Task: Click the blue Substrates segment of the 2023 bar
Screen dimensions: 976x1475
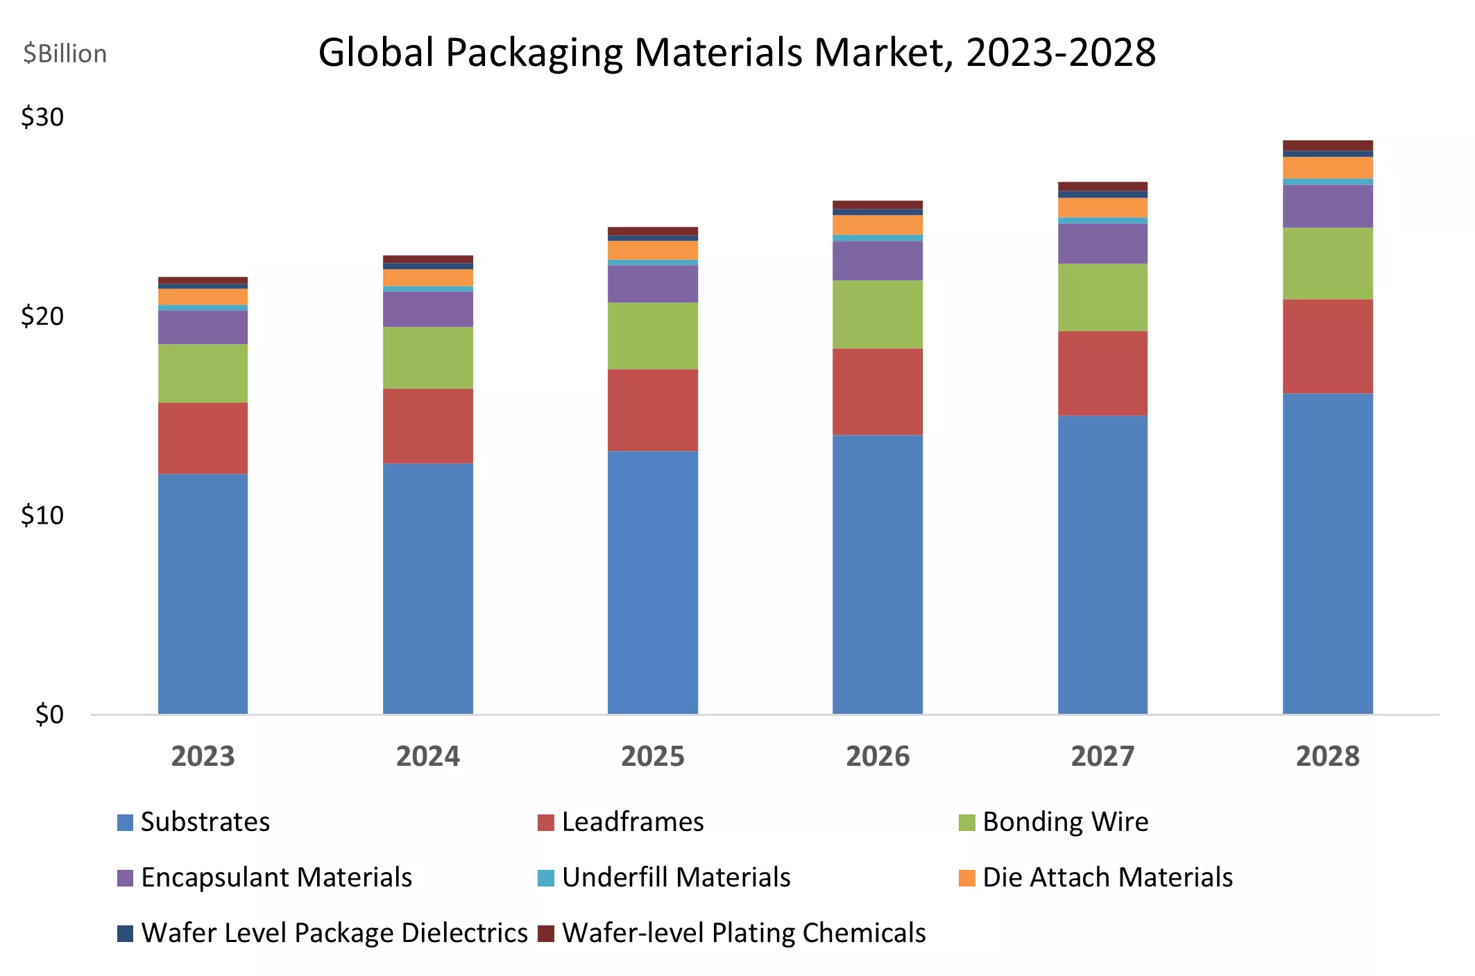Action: point(203,593)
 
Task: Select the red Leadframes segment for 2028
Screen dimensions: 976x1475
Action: point(1327,346)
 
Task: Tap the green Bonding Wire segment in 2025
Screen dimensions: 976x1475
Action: point(652,336)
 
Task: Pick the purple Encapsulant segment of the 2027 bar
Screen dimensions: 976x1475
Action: point(1102,243)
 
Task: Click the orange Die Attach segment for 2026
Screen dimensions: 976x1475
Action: point(878,225)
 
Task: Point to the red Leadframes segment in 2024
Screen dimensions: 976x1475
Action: point(427,426)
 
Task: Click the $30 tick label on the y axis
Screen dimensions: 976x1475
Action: point(42,117)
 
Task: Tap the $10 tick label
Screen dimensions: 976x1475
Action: point(42,515)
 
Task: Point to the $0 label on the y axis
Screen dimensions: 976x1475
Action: point(49,714)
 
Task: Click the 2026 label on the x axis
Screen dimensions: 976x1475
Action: point(878,756)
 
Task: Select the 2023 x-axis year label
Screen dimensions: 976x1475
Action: point(203,756)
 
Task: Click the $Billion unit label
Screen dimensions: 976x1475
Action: point(65,54)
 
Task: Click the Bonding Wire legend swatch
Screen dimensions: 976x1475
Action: point(967,823)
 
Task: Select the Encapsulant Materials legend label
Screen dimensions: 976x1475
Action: point(276,877)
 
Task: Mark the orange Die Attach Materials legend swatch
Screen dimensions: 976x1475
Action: point(967,878)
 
